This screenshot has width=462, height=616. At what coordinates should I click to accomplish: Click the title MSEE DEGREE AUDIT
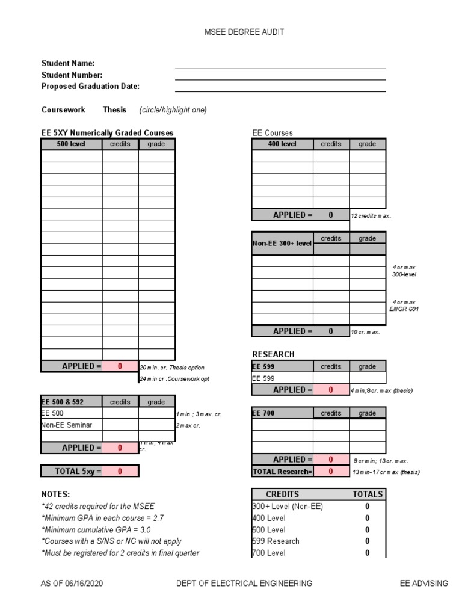(244, 32)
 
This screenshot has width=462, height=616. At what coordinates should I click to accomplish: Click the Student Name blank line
(280, 65)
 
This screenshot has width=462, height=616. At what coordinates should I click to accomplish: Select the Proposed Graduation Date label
(90, 86)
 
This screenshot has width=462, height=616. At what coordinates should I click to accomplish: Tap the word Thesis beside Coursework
(114, 110)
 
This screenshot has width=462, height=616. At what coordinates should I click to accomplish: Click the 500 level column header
(71, 144)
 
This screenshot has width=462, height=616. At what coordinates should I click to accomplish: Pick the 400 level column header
(282, 144)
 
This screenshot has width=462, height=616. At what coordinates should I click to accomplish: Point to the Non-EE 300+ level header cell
(282, 244)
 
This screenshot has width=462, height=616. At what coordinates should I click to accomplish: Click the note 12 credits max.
(371, 216)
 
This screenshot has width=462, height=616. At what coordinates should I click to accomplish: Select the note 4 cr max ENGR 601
(404, 306)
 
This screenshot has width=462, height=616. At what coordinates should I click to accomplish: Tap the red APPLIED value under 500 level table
(120, 366)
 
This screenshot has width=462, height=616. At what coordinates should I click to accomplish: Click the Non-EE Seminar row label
(62, 425)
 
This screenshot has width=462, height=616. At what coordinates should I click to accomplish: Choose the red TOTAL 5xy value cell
(120, 472)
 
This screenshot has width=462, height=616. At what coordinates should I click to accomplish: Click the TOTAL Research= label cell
(282, 472)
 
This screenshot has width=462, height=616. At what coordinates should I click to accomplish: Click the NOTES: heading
(55, 494)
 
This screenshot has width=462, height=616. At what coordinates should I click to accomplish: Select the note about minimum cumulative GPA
(96, 529)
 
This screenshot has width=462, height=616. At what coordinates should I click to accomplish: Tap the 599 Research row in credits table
(276, 541)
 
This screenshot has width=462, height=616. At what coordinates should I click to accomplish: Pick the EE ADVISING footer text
(424, 583)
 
